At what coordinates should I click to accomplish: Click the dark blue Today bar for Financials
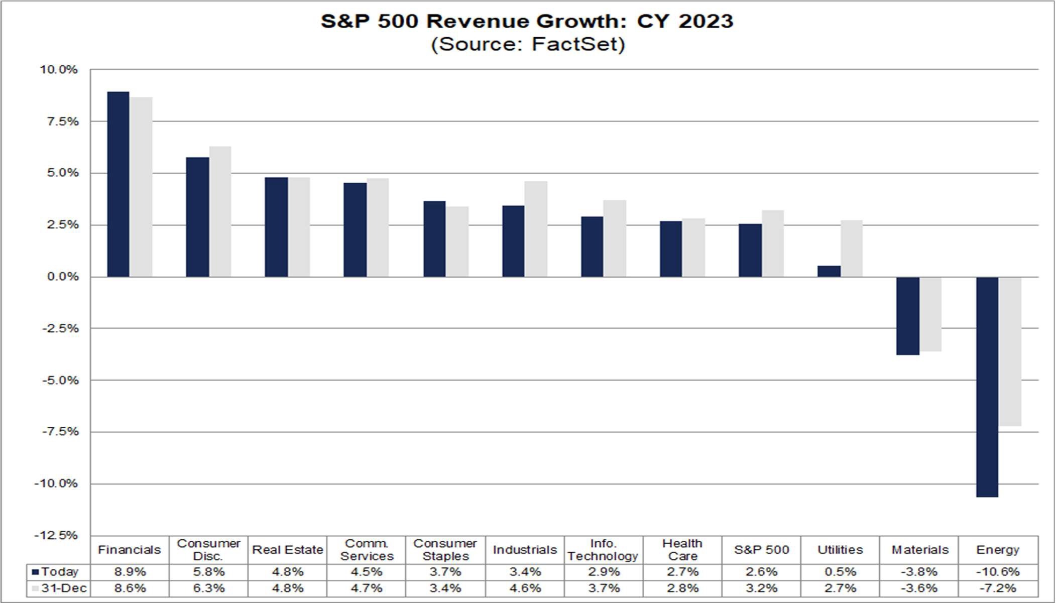[118, 184]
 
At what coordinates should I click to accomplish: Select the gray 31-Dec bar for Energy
[1010, 351]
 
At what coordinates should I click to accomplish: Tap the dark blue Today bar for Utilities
[829, 271]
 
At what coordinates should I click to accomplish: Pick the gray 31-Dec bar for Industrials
[536, 229]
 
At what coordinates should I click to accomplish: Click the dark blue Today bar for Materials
[908, 316]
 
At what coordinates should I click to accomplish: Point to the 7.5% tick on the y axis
[59, 122]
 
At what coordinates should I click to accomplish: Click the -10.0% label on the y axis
[56, 484]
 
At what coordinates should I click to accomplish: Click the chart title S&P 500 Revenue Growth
[527, 22]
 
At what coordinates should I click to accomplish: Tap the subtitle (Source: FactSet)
[528, 44]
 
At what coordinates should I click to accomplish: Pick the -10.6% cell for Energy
[998, 572]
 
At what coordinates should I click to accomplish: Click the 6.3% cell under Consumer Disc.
[208, 588]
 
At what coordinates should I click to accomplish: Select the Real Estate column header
[287, 550]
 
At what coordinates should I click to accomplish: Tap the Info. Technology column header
[603, 550]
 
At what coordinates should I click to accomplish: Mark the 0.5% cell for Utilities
[840, 572]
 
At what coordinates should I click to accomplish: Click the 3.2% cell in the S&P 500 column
[761, 588]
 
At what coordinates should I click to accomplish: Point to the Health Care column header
[682, 550]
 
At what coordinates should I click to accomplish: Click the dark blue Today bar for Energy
[987, 387]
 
